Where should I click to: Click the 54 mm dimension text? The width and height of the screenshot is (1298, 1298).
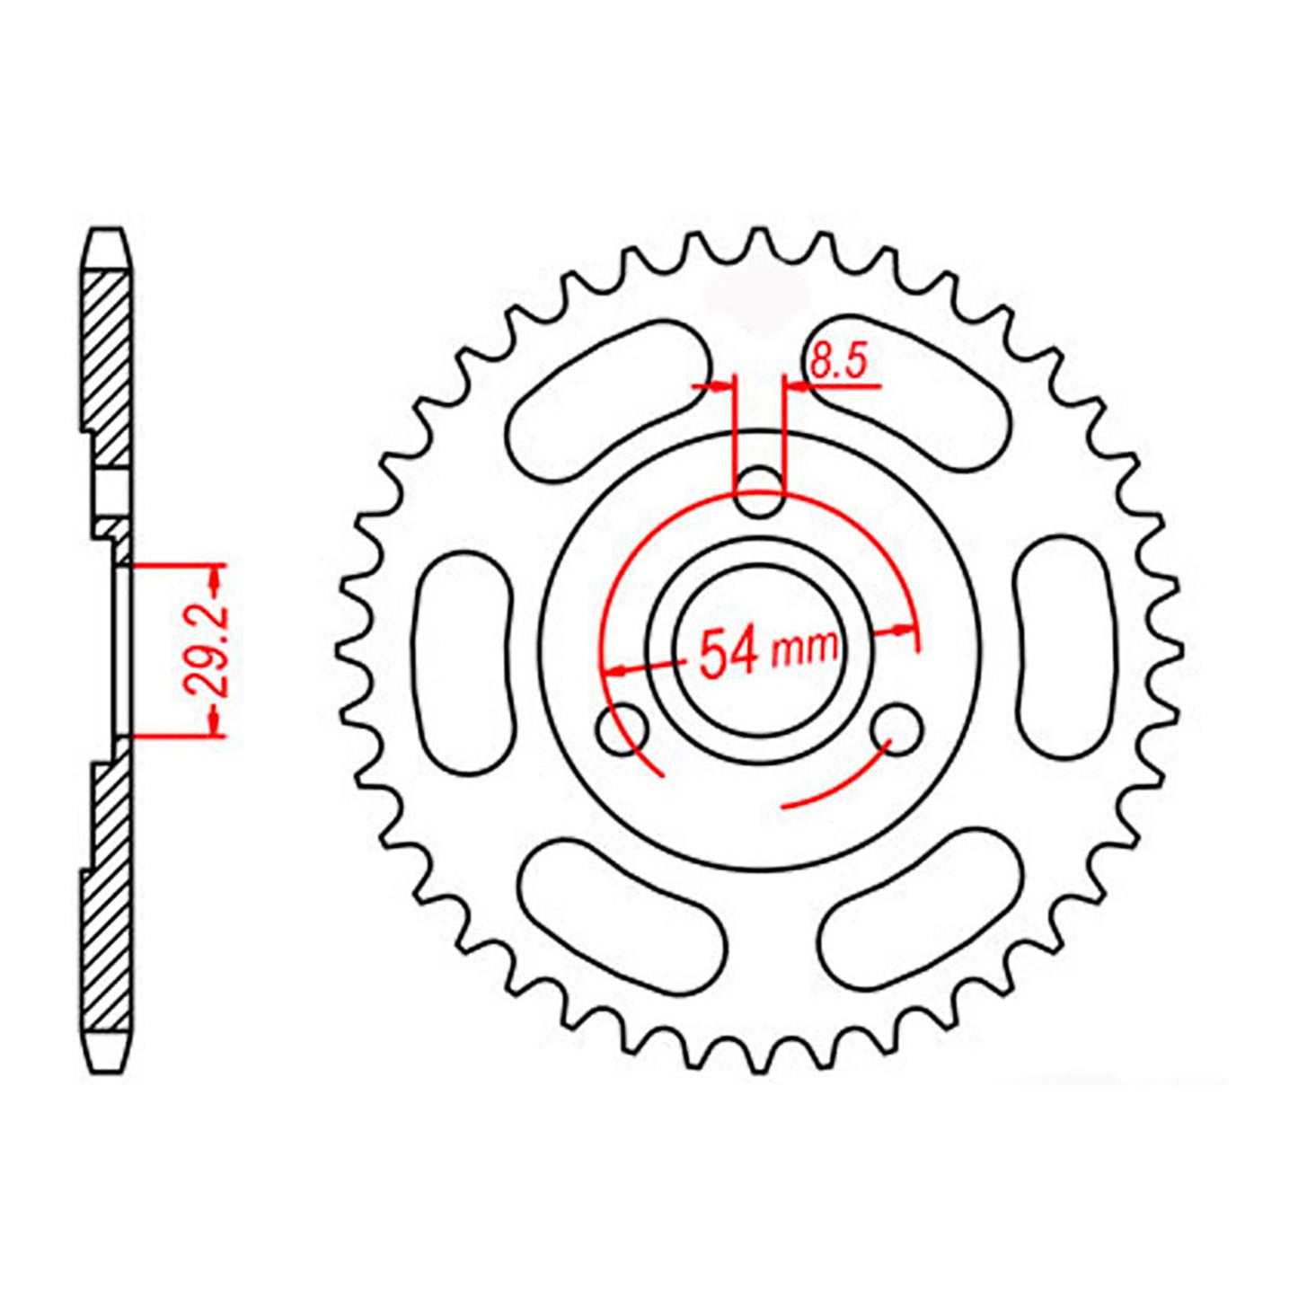coord(768,651)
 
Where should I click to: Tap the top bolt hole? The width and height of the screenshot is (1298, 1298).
coord(760,492)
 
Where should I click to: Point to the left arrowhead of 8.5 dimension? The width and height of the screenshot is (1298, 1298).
coord(722,386)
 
